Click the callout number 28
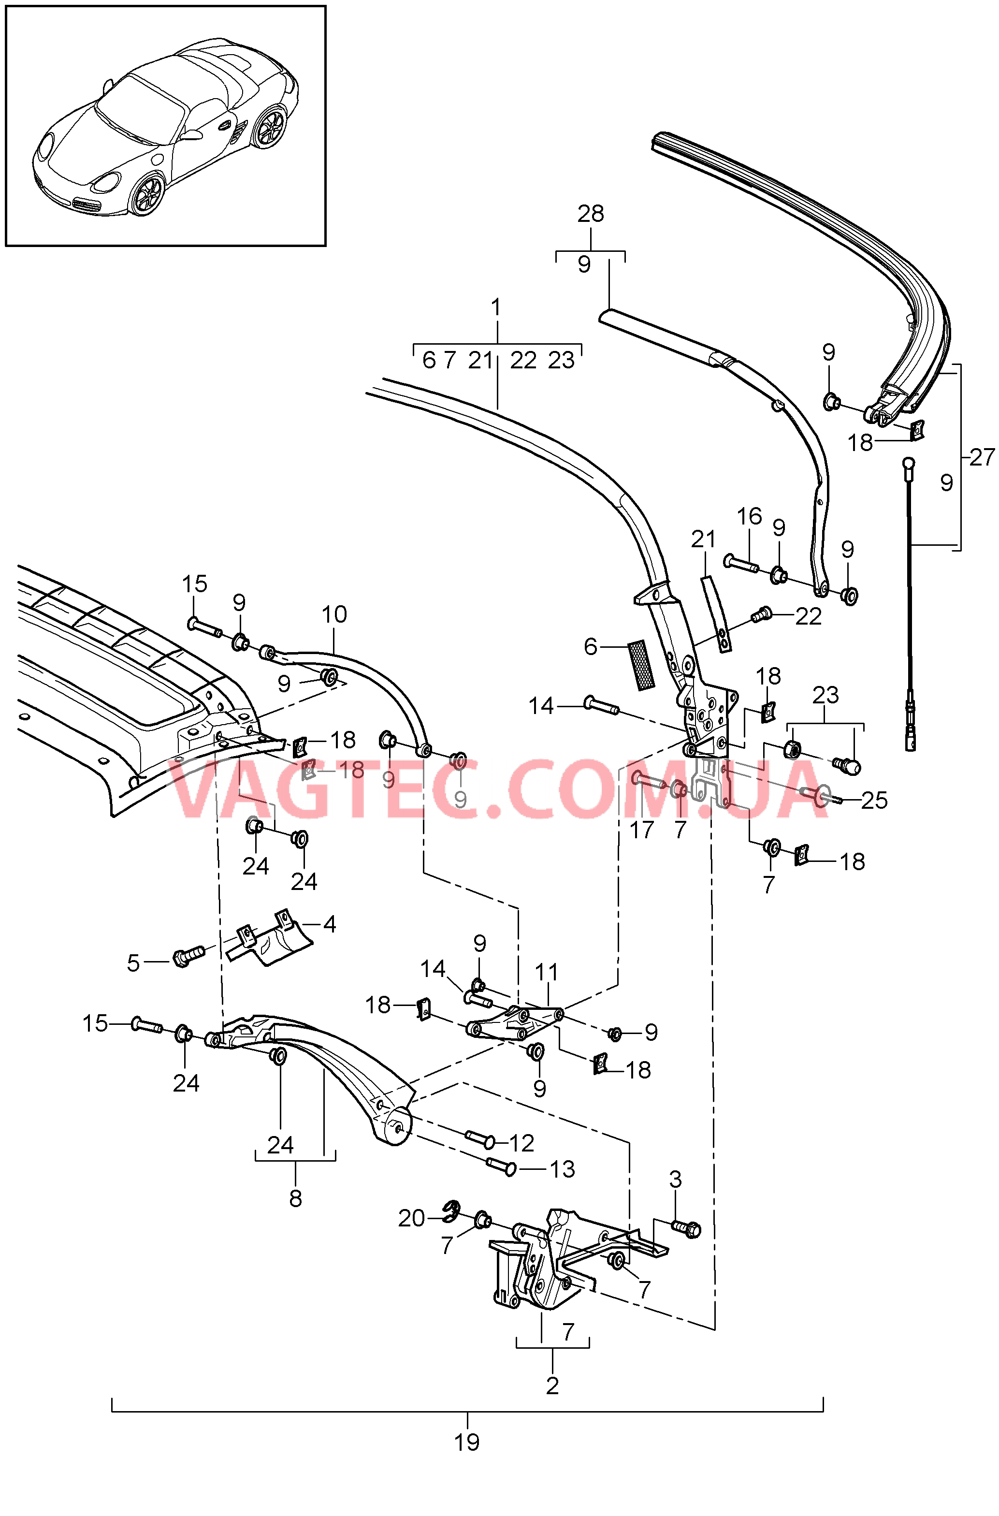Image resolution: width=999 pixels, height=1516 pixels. coord(591,214)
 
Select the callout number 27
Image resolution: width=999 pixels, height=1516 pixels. coord(982,457)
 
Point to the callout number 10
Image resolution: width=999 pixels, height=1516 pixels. coord(334,614)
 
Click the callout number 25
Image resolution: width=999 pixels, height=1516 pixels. coord(874,801)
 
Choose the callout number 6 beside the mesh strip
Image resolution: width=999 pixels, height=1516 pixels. coord(591,647)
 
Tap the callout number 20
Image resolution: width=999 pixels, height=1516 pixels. coord(412,1218)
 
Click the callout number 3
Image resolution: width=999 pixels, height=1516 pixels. coord(675,1179)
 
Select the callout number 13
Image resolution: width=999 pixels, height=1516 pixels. coord(562,1169)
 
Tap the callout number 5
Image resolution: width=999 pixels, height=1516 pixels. coord(132,963)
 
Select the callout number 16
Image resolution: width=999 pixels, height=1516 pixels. coord(749,516)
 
